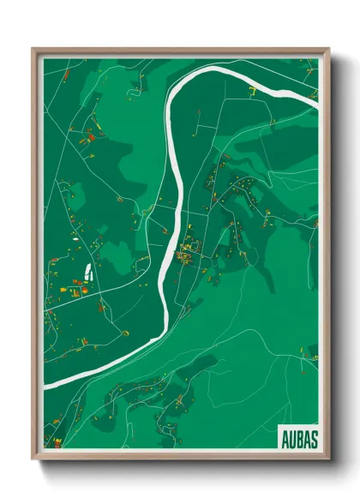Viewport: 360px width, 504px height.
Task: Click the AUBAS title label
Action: point(298,438)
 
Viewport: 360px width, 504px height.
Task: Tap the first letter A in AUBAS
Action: point(285,438)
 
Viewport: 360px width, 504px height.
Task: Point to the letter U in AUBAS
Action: point(291,438)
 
